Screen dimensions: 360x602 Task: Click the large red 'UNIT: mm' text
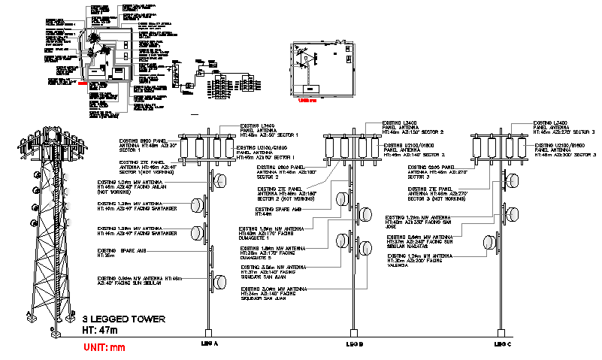[x=104, y=346]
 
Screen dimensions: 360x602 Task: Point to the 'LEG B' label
[x=354, y=343]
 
